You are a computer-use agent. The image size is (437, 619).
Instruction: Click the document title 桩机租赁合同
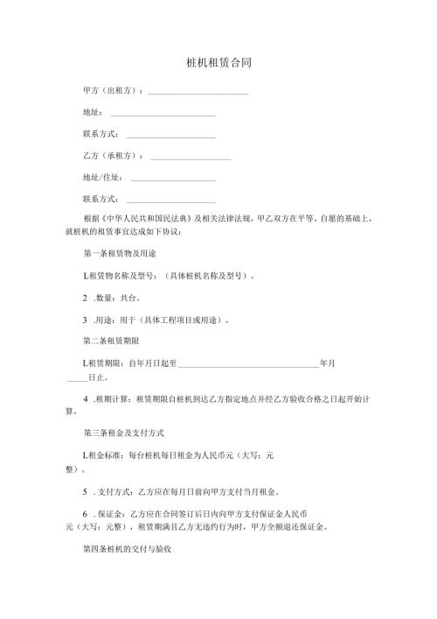pyautogui.click(x=218, y=64)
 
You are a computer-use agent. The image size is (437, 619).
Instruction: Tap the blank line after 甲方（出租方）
pyautogui.click(x=198, y=92)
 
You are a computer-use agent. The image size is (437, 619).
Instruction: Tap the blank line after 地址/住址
pyautogui.click(x=172, y=179)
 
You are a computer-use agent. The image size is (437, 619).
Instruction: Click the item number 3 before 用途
pyautogui.click(x=85, y=320)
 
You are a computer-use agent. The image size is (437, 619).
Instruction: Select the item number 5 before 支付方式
pyautogui.click(x=85, y=492)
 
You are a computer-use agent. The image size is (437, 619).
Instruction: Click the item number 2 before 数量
pyautogui.click(x=85, y=299)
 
